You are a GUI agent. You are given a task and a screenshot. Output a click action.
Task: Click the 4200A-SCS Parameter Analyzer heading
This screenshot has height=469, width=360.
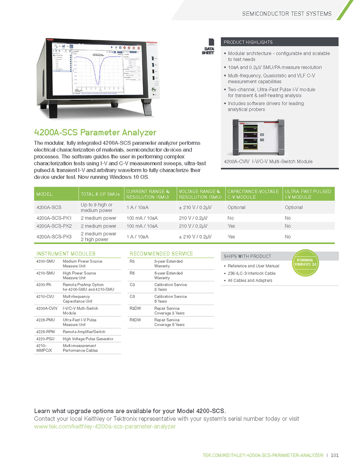(x=95, y=132)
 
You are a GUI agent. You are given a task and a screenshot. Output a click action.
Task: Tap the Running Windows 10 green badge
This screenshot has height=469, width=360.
(x=305, y=263)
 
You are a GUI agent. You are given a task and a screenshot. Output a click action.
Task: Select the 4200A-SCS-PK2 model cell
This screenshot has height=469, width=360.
(x=54, y=226)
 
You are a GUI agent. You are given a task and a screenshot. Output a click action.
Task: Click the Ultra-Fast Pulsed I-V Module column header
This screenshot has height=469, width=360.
(x=308, y=194)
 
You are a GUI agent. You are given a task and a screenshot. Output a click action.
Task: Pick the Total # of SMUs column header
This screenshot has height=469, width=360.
(x=100, y=194)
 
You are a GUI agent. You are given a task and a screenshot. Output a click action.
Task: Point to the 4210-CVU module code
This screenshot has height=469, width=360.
(x=45, y=297)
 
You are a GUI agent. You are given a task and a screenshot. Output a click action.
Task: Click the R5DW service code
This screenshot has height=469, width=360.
(x=135, y=320)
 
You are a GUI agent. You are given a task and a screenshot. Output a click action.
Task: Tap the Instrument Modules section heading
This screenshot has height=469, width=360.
(x=66, y=254)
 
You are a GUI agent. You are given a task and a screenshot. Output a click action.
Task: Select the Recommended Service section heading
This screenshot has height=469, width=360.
(x=161, y=254)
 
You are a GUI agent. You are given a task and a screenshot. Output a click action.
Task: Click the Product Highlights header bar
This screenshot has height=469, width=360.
(x=279, y=42)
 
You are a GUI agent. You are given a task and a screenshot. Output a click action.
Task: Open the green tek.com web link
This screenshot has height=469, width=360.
(x=105, y=427)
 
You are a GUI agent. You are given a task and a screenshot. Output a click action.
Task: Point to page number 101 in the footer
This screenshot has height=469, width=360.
(x=334, y=455)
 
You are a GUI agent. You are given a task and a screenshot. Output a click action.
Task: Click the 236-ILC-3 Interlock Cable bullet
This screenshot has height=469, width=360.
(x=251, y=274)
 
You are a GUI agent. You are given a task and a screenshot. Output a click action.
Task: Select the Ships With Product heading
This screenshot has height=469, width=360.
(x=247, y=257)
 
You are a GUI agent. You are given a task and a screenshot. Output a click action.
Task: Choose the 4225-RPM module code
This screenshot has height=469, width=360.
(x=45, y=332)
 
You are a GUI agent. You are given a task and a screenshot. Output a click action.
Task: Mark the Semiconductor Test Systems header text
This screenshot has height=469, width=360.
(x=286, y=14)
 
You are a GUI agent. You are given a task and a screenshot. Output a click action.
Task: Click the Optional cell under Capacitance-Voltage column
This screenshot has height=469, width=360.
(x=236, y=207)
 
